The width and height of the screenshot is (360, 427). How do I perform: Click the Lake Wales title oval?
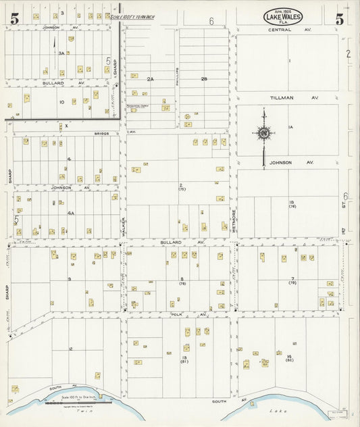pyautogui.click(x=282, y=18)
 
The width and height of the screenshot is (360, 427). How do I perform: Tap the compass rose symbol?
pyautogui.click(x=263, y=134)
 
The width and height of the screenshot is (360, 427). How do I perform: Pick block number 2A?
pyautogui.click(x=151, y=79)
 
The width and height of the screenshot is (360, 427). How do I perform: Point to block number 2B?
pyautogui.click(x=204, y=79)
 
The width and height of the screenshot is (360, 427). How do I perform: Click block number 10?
pyautogui.click(x=61, y=102)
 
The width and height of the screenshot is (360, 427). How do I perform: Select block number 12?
pyautogui.click(x=70, y=349)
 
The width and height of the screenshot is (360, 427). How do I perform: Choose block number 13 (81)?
pyautogui.click(x=184, y=358)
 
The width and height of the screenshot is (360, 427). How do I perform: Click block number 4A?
pyautogui.click(x=70, y=213)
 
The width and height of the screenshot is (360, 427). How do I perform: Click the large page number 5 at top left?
pyautogui.click(x=14, y=18)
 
